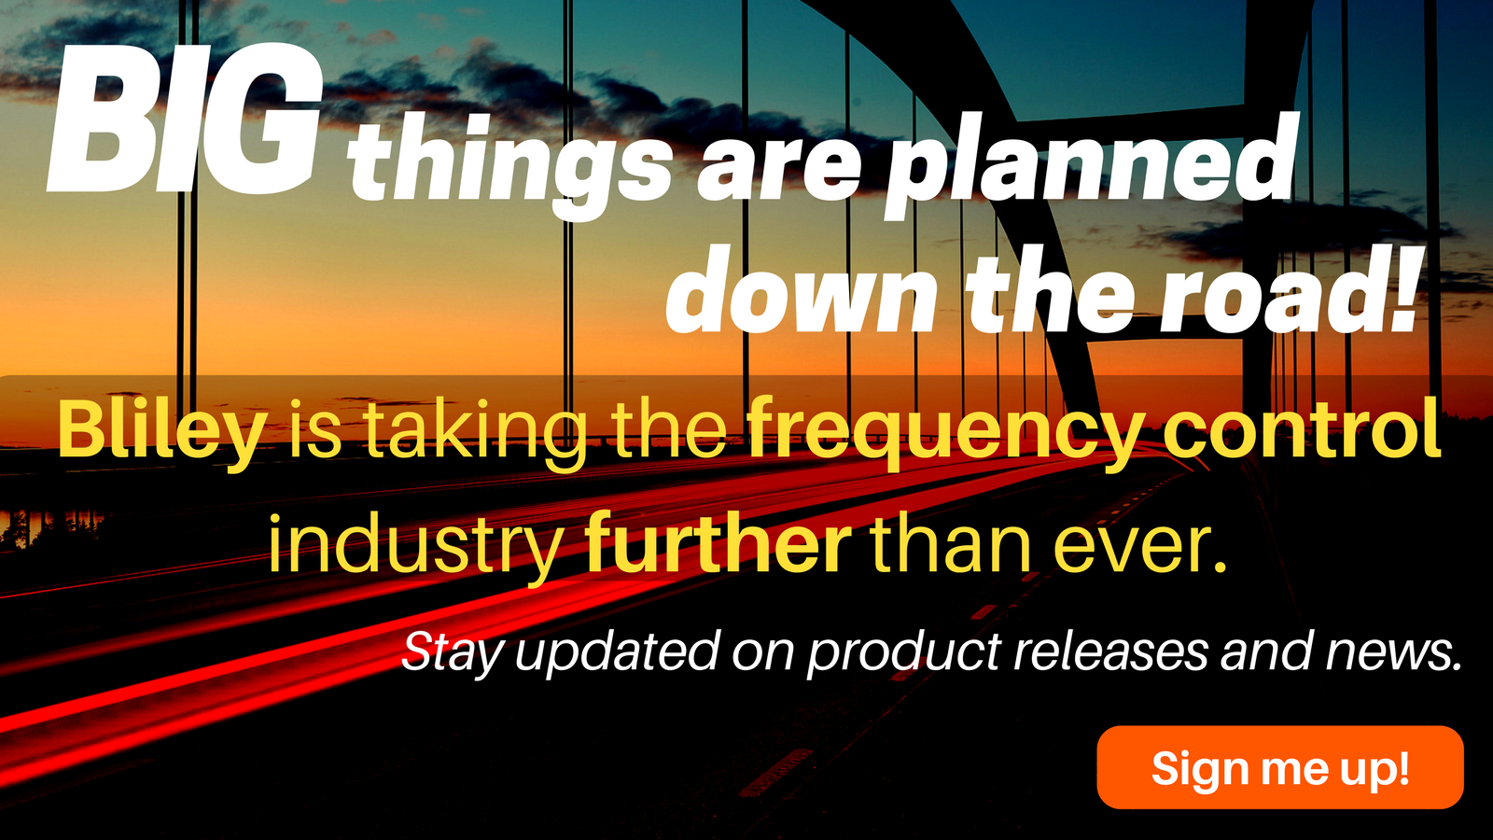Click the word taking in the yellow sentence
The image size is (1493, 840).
point(476,434)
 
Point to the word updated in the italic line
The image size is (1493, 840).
point(617,653)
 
